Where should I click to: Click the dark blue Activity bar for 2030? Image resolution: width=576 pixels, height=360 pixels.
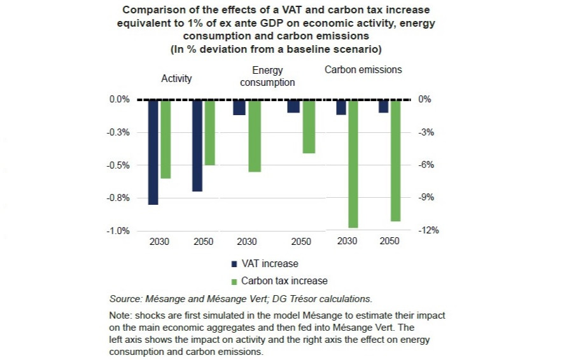pyautogui.click(x=153, y=152)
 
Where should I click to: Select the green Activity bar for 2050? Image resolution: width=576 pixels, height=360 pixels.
pyautogui.click(x=209, y=132)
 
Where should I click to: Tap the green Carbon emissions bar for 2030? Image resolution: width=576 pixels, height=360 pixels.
pyautogui.click(x=353, y=163)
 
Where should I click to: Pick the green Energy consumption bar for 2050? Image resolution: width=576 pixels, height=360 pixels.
pyautogui.click(x=309, y=127)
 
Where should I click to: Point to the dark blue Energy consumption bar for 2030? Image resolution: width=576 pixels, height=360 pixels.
pyautogui.click(x=239, y=107)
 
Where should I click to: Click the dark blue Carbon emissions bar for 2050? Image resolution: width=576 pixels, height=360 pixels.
pyautogui.click(x=383, y=106)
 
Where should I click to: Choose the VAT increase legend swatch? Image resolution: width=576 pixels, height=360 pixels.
pyautogui.click(x=234, y=264)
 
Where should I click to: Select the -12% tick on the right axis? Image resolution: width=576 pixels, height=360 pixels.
pyautogui.click(x=429, y=231)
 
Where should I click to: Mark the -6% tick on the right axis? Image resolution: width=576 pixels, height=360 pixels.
pyautogui.click(x=426, y=165)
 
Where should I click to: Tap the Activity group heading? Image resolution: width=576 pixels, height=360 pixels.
pyautogui.click(x=176, y=79)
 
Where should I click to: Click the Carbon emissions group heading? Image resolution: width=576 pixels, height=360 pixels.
pyautogui.click(x=363, y=70)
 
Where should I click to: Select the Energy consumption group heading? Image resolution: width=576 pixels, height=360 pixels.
pyautogui.click(x=267, y=76)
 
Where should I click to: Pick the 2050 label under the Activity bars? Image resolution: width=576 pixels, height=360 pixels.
pyautogui.click(x=204, y=242)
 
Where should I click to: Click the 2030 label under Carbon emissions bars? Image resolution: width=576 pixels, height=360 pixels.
pyautogui.click(x=348, y=242)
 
